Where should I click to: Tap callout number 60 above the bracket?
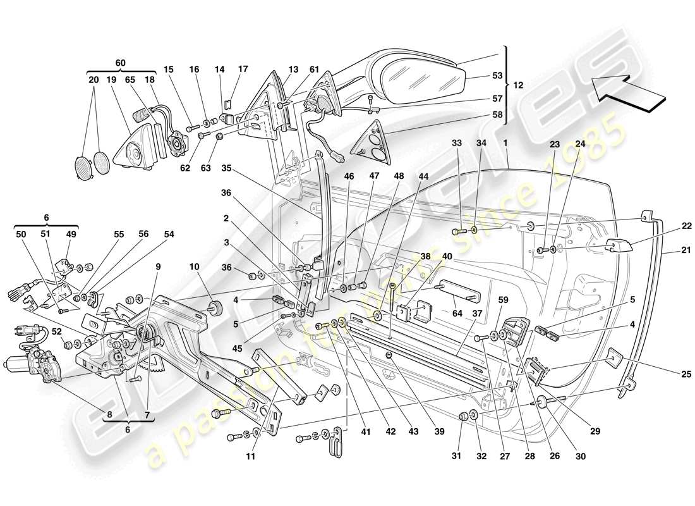pos(120,63)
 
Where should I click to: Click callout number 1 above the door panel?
pos(506,144)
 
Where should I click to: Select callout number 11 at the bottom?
pos(250,455)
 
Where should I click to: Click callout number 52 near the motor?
pos(56,331)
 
